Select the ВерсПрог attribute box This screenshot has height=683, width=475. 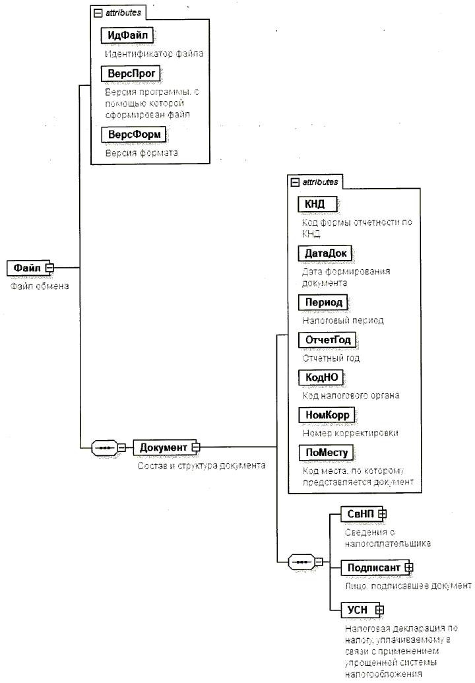(x=131, y=72)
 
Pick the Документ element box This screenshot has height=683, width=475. (x=164, y=447)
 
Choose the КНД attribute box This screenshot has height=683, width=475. (x=313, y=204)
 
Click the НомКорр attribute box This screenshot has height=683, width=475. (x=327, y=414)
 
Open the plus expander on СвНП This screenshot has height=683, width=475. (x=381, y=513)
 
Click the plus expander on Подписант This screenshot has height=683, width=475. (x=409, y=566)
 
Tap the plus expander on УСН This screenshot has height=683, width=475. (x=379, y=610)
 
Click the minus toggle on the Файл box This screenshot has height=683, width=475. (x=49, y=268)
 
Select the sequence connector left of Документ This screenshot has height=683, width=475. (x=103, y=447)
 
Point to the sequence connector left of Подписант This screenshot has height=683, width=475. (x=302, y=562)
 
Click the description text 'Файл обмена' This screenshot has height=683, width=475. (x=40, y=286)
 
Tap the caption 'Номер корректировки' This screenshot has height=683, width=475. (x=350, y=433)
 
